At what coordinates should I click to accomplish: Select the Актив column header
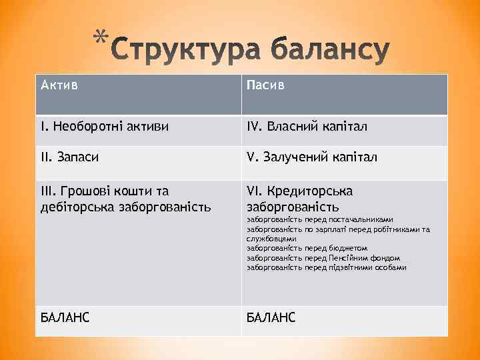click(59, 85)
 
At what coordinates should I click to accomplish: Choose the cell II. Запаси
click(71, 157)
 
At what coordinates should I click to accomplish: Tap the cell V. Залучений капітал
click(311, 157)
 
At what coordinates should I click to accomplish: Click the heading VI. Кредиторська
click(299, 191)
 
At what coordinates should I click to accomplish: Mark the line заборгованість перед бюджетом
click(307, 248)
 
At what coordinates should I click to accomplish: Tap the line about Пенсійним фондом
click(323, 257)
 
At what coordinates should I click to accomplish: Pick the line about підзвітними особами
click(326, 267)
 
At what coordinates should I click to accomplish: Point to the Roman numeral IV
click(254, 126)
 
